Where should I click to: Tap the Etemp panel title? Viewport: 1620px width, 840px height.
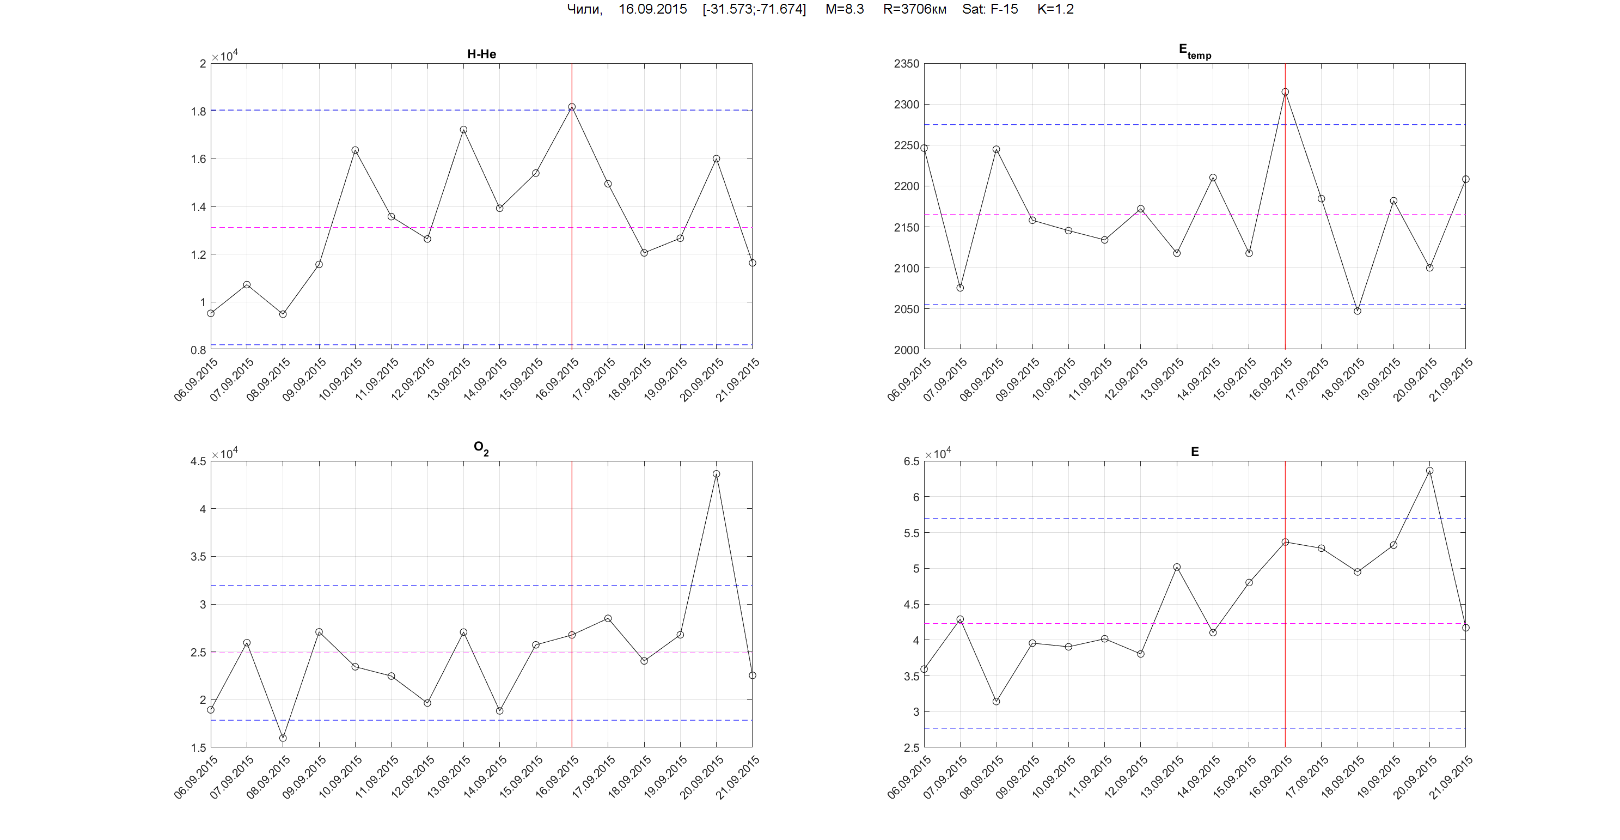click(1194, 51)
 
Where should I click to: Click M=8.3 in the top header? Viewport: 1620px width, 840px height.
click(844, 9)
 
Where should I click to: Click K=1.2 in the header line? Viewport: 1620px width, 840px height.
click(1055, 9)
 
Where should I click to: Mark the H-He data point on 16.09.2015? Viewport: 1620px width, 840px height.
click(572, 107)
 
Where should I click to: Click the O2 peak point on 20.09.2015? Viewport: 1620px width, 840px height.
click(716, 474)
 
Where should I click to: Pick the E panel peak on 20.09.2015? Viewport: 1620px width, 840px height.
click(1429, 471)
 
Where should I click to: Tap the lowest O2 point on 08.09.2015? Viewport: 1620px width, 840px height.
click(283, 738)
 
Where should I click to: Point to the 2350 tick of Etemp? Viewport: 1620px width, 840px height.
click(906, 64)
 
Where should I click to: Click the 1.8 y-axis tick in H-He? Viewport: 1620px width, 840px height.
click(198, 111)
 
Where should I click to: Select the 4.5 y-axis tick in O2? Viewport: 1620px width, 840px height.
click(198, 461)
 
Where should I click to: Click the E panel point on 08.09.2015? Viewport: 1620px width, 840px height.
click(996, 702)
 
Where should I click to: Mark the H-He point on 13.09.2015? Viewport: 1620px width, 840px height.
click(463, 130)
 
